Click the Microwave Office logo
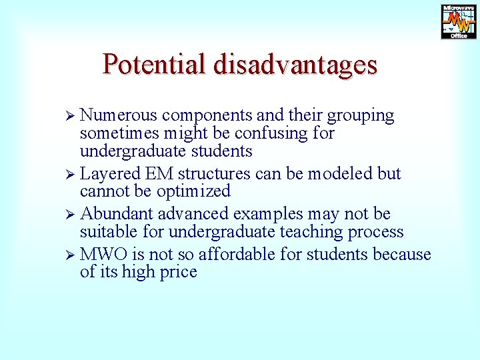[x=459, y=21]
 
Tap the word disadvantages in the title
[x=295, y=64]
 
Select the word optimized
[x=193, y=192]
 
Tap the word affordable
[x=240, y=255]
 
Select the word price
[x=175, y=273]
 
